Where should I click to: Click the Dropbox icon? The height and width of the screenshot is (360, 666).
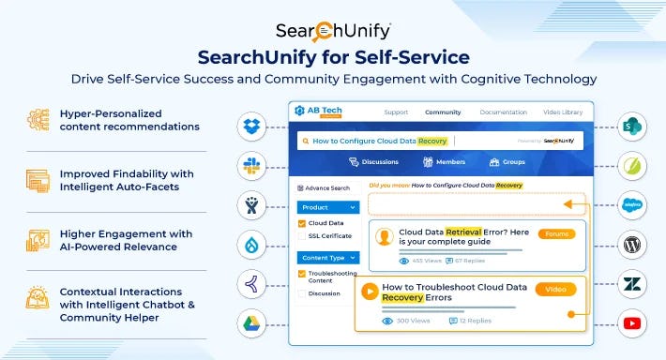[250, 125]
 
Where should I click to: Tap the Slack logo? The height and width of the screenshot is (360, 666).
[250, 164]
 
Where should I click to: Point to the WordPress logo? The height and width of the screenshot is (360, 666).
[633, 245]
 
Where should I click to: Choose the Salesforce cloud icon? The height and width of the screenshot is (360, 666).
[633, 204]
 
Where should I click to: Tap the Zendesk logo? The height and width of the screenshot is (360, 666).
[633, 285]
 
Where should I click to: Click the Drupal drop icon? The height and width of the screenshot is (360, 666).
[250, 245]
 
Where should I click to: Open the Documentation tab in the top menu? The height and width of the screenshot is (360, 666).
[503, 112]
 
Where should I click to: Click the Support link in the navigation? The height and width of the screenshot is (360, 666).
[396, 112]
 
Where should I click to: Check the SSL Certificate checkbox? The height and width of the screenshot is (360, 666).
[301, 235]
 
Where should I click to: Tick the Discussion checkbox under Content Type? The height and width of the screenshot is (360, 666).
[301, 292]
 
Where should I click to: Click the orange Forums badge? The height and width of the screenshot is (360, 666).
[556, 233]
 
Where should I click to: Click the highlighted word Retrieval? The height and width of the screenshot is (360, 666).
[464, 230]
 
